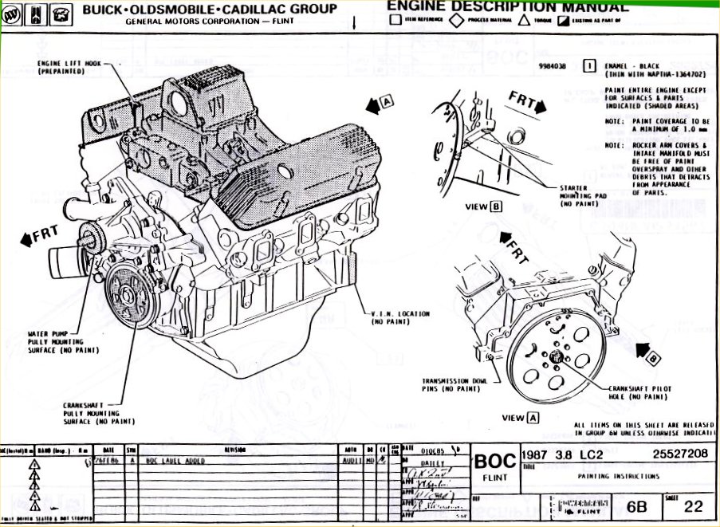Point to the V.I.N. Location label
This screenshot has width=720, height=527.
click(x=400, y=317)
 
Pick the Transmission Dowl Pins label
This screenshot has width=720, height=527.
click(x=455, y=384)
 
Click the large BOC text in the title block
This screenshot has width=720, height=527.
click(x=496, y=462)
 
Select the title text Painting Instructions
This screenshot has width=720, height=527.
click(x=620, y=476)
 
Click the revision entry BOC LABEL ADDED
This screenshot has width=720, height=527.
click(x=175, y=461)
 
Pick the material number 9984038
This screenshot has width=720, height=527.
click(x=552, y=66)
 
